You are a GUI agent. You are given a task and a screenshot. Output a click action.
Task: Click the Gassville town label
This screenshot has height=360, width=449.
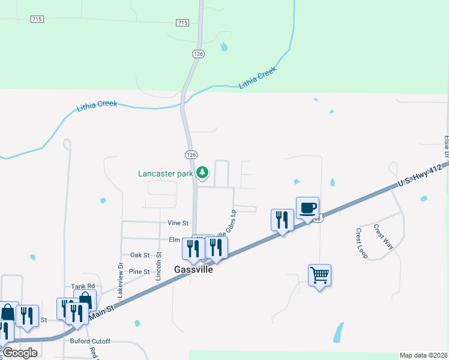(x=194, y=269)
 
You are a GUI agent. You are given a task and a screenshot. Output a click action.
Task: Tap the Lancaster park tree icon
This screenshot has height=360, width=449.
(x=203, y=173)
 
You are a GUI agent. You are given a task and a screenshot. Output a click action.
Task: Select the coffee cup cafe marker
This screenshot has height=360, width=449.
(x=307, y=209)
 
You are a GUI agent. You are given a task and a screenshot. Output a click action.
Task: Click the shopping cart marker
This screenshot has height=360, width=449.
(x=319, y=276)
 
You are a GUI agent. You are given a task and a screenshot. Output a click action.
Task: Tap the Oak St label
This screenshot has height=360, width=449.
(x=140, y=255)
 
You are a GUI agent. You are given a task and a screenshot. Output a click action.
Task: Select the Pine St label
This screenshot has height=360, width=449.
(x=139, y=272)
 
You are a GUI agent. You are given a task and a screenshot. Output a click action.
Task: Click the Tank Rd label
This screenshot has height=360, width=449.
(x=83, y=286)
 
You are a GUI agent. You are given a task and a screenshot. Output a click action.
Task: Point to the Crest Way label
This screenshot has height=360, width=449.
(x=382, y=236)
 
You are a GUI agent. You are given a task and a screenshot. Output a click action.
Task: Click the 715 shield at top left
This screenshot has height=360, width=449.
(x=37, y=20)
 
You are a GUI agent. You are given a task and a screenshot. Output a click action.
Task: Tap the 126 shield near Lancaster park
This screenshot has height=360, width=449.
(x=191, y=155)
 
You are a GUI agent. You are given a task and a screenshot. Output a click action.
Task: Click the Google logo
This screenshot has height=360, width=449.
(x=20, y=353)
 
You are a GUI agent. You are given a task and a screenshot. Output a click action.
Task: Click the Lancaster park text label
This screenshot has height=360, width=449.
(x=166, y=174)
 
